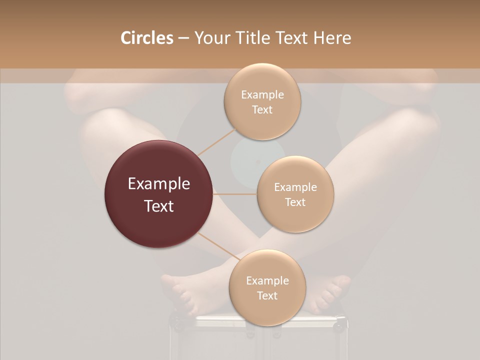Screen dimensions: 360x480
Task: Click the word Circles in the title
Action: tap(146, 38)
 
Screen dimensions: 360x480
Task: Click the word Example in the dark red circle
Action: tap(159, 184)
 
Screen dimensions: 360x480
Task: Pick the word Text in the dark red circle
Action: tap(159, 205)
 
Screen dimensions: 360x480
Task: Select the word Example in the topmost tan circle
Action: tap(262, 95)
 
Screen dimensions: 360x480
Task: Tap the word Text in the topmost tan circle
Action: tap(262, 109)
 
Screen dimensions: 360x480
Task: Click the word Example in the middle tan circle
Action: tap(295, 187)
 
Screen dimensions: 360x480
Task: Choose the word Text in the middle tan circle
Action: tap(295, 202)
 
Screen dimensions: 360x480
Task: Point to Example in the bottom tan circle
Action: tap(267, 281)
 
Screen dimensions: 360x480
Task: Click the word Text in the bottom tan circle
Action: tap(267, 295)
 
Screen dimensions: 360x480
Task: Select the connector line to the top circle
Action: tap(218, 141)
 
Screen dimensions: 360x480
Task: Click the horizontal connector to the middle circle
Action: tap(235, 194)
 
